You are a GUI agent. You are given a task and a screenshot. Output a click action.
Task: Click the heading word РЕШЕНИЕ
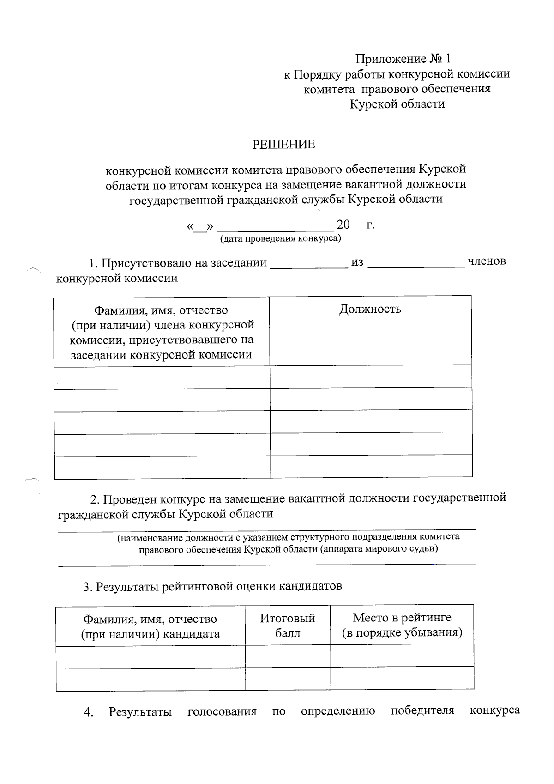(283, 145)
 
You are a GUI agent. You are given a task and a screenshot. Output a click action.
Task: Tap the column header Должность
(370, 309)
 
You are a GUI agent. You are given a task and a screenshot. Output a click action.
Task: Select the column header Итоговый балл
(287, 625)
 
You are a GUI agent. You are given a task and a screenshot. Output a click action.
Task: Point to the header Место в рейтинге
(402, 618)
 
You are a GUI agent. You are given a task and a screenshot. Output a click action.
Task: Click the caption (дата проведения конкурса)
(281, 239)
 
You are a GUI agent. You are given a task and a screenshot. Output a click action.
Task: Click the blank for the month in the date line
(275, 226)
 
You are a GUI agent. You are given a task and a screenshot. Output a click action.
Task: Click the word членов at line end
(487, 261)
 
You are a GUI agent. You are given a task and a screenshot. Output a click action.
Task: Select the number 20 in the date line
(343, 225)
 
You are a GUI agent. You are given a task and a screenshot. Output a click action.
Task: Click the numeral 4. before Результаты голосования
(89, 712)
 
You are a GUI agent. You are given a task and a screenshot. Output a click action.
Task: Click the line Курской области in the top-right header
(397, 104)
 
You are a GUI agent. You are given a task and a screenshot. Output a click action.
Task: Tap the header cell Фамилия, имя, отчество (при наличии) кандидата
(150, 626)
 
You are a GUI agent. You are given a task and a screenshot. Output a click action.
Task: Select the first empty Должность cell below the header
(371, 377)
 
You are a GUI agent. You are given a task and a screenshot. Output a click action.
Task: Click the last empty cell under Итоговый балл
(287, 678)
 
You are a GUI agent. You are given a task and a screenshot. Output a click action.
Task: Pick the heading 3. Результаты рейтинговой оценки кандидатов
(212, 587)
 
